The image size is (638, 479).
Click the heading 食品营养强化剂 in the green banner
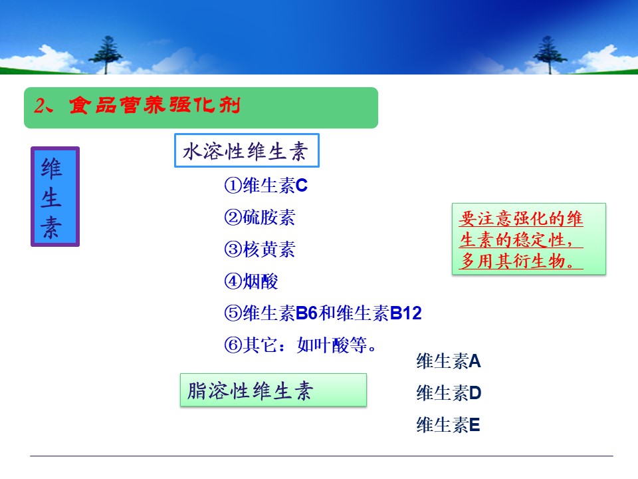pyautogui.click(x=155, y=105)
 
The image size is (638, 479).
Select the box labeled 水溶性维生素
pyautogui.click(x=247, y=150)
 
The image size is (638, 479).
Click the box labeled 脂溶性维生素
pyautogui.click(x=273, y=391)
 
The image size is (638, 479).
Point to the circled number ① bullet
pyautogui.click(x=233, y=186)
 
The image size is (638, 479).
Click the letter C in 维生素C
pyautogui.click(x=302, y=186)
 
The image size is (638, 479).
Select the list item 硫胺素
pyautogui.click(x=268, y=218)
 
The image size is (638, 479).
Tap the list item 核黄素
pyautogui.click(x=268, y=249)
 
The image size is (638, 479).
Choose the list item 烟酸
pyautogui.click(x=260, y=281)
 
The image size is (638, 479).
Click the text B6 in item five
pyautogui.click(x=306, y=313)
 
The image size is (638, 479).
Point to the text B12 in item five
pyautogui.click(x=405, y=313)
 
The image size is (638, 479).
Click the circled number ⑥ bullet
pyautogui.click(x=233, y=345)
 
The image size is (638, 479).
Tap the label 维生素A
pyautogui.click(x=449, y=361)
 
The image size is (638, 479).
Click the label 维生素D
pyautogui.click(x=449, y=393)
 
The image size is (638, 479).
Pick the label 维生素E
pyautogui.click(x=448, y=425)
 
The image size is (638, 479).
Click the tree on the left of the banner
pyautogui.click(x=106, y=55)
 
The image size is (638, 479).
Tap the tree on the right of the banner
pyautogui.click(x=550, y=55)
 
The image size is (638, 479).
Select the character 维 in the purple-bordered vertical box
pyautogui.click(x=51, y=169)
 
